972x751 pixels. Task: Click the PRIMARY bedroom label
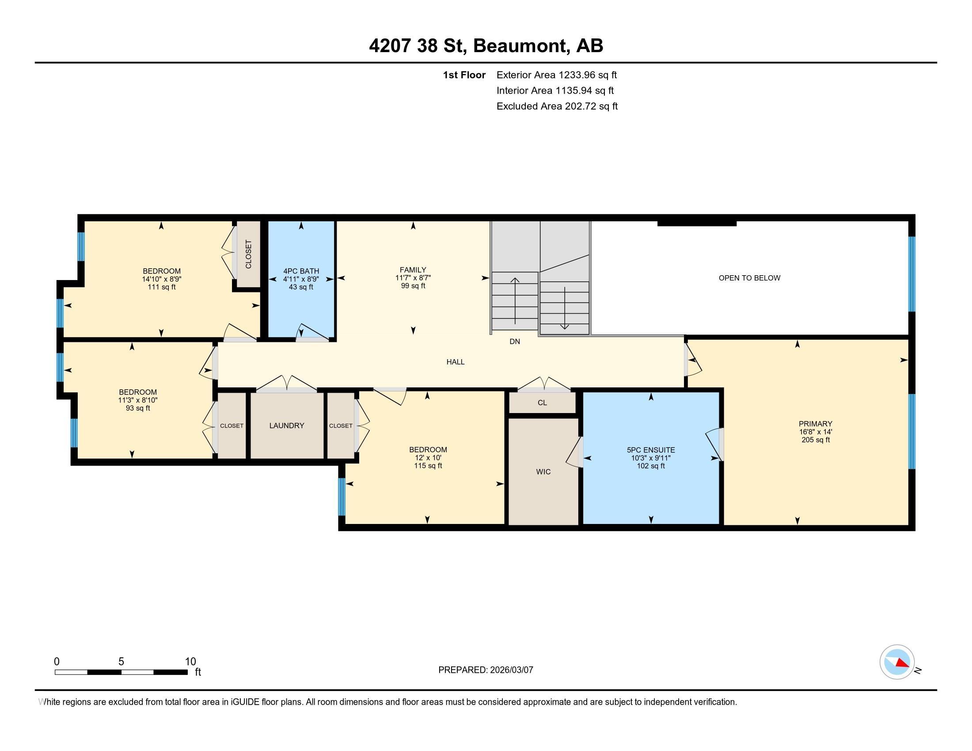[x=815, y=424]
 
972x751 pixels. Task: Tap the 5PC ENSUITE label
[x=651, y=450]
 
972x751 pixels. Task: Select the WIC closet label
[x=543, y=472]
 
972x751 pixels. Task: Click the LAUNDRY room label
[x=287, y=425]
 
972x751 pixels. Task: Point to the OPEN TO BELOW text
[x=749, y=278]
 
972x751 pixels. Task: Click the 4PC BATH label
[x=301, y=271]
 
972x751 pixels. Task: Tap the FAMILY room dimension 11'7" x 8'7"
[x=413, y=277]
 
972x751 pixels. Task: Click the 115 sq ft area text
[x=428, y=466]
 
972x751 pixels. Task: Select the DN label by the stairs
[x=514, y=341]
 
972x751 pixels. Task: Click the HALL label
[x=455, y=362]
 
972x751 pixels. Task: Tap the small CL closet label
[x=542, y=402]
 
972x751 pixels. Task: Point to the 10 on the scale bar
[x=190, y=662]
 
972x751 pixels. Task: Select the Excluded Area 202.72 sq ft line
[x=557, y=106]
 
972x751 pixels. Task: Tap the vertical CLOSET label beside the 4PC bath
[x=248, y=254]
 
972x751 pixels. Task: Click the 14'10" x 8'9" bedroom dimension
[x=161, y=279]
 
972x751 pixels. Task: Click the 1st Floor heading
[x=464, y=75]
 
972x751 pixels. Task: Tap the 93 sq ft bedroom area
[x=137, y=408]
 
